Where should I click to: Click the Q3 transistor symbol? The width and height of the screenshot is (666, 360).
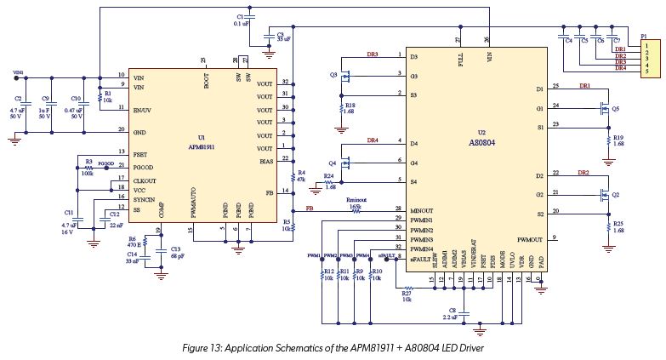[x=345, y=76]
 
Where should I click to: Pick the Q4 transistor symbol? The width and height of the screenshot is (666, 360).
[x=345, y=162]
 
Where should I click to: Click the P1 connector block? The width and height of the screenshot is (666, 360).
[x=648, y=56]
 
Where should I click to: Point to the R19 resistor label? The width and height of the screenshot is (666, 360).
[x=618, y=140]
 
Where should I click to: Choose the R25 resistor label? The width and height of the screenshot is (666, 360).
[x=618, y=226]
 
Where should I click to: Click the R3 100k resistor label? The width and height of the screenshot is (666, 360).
[x=88, y=163]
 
